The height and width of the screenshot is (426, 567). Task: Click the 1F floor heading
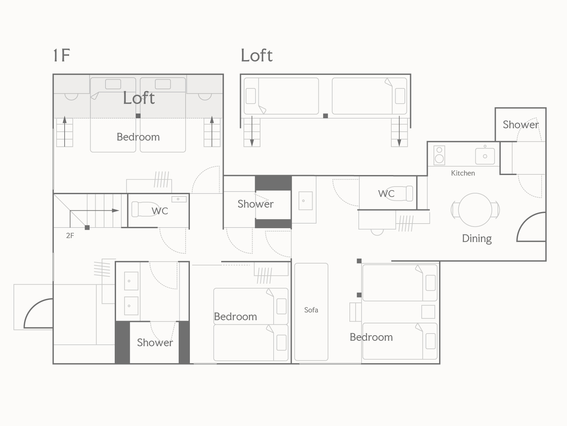coord(61,55)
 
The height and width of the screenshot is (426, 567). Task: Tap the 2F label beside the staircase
coord(70,235)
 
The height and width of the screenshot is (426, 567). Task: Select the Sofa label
coord(311,310)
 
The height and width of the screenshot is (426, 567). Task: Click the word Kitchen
coord(463,173)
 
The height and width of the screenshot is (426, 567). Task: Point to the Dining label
coord(477,238)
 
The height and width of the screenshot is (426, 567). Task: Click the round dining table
coord(475,210)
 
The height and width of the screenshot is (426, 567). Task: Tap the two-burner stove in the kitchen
coord(439,155)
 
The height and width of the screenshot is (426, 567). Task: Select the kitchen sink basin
coord(485,156)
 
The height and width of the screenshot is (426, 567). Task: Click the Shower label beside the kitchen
coord(521,124)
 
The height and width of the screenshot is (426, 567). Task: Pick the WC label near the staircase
coord(160,211)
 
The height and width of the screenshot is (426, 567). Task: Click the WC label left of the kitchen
coord(386,193)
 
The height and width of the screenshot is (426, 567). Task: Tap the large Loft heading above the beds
coord(256,55)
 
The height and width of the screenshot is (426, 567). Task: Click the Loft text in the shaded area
coord(139,98)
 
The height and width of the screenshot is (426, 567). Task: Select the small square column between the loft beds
coord(325,116)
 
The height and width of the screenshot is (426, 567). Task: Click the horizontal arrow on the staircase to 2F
coord(95,211)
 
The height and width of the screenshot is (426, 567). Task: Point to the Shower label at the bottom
coord(155,342)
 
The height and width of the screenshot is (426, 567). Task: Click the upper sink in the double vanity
coord(131,281)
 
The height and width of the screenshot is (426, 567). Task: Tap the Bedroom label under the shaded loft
coord(138,137)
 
